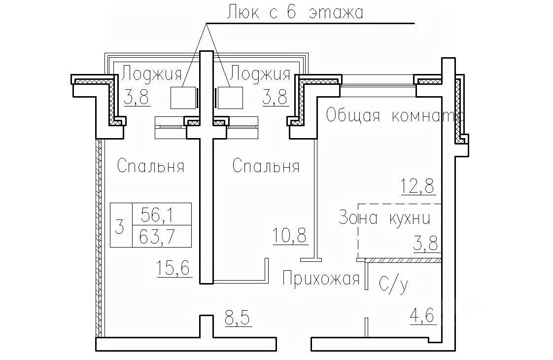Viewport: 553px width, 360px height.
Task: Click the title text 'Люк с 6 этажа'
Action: [x=294, y=12]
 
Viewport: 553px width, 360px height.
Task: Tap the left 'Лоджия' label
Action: [x=152, y=74]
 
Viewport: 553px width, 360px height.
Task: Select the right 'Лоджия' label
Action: [x=260, y=74]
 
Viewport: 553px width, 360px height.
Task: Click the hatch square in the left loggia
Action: [x=183, y=98]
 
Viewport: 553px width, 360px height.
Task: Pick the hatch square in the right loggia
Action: [x=230, y=98]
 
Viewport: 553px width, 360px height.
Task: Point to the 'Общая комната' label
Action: [x=394, y=116]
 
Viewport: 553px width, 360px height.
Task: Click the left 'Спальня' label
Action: [x=151, y=166]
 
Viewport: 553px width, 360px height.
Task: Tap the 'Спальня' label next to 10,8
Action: [x=266, y=166]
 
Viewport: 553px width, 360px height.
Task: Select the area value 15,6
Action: [x=174, y=270]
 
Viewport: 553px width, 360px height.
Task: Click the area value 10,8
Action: [x=290, y=236]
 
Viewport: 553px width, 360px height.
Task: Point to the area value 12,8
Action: [x=419, y=186]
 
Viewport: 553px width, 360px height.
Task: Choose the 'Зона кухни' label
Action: [x=385, y=217]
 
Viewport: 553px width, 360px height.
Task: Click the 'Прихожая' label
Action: [x=320, y=279]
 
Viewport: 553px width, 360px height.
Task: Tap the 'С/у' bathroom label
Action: [x=393, y=284]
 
